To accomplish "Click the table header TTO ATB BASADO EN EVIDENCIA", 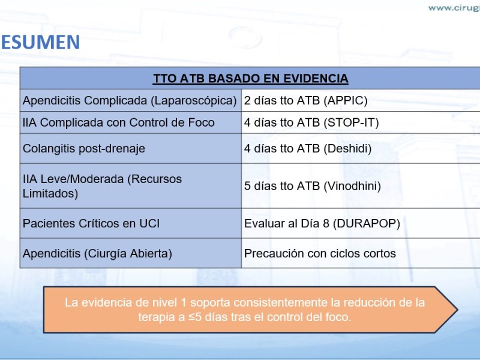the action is (251, 79).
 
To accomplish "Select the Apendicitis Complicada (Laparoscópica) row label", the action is (130, 100).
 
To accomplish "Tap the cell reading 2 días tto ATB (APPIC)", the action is (305, 100).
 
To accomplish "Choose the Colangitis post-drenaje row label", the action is (84, 148).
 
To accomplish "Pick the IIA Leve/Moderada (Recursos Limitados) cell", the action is (102, 186).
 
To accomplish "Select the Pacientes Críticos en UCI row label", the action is (91, 223).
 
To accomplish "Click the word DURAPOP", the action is (366, 223).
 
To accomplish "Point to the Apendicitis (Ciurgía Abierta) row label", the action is (97, 253).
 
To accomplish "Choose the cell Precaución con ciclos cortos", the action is (320, 253).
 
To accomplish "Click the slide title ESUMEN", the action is (40, 42).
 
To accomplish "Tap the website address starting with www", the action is (454, 8).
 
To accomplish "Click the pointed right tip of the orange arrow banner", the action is (458, 310).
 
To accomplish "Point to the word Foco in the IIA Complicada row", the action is (201, 122).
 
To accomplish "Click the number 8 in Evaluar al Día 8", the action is (326, 223).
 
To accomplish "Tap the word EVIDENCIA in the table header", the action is (316, 79).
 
